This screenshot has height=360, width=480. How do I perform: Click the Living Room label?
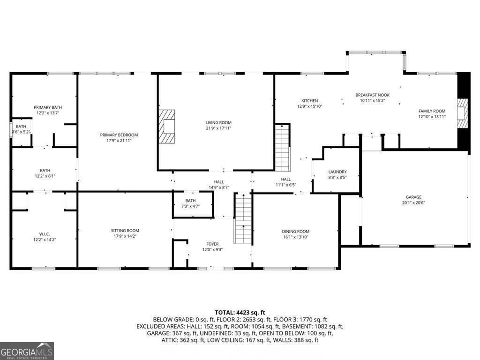click(218, 122)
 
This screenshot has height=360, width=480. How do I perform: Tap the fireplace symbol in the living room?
click(166, 126)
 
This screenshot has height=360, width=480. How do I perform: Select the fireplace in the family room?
click(463, 113)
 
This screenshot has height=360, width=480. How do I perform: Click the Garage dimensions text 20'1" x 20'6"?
click(413, 203)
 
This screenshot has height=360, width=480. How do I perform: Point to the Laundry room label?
click(337, 172)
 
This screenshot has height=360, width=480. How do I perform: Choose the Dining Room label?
click(295, 231)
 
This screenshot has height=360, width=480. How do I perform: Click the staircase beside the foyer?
click(243, 219)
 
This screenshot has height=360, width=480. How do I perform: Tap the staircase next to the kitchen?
click(282, 148)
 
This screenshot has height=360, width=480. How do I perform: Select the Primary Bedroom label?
click(119, 135)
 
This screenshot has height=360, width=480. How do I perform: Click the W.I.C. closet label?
click(45, 233)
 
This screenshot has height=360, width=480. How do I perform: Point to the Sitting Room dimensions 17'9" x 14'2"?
click(125, 236)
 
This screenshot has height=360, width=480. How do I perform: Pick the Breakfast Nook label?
click(372, 95)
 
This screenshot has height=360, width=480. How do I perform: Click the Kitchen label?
click(309, 101)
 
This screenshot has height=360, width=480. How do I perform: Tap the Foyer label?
click(212, 244)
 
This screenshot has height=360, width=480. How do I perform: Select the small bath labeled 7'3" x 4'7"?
click(190, 203)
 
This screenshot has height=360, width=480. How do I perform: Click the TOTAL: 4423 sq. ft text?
click(240, 312)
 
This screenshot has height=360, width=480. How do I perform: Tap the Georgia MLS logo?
click(27, 351)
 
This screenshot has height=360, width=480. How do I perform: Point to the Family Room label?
click(432, 111)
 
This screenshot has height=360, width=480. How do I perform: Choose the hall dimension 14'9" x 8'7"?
click(218, 187)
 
